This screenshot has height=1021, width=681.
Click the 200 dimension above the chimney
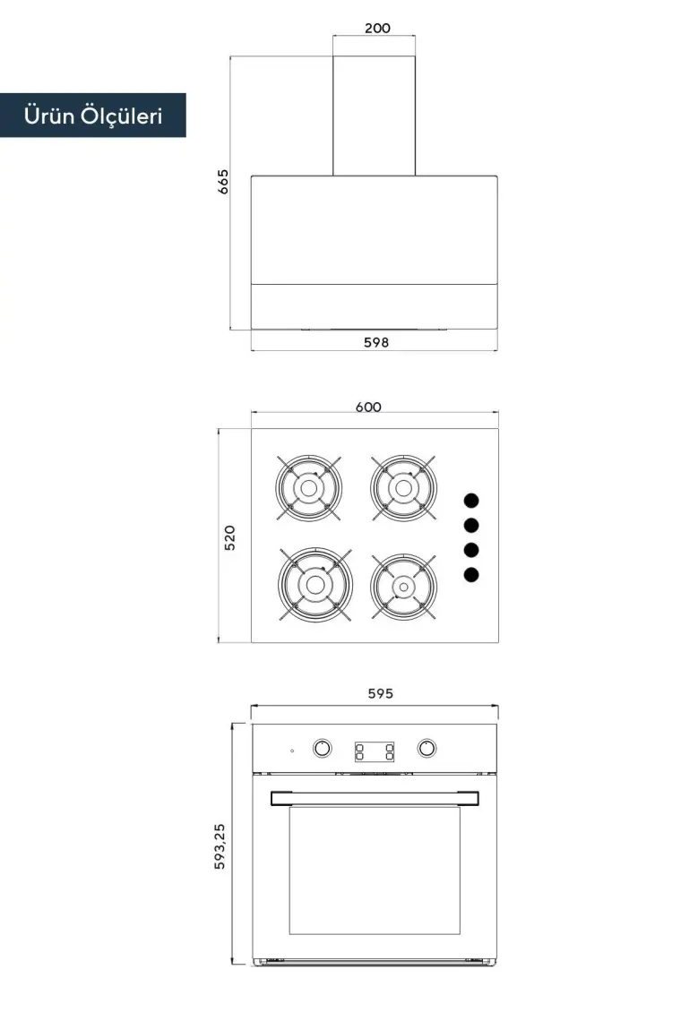tap(377, 28)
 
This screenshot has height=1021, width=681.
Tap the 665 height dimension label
tap(223, 182)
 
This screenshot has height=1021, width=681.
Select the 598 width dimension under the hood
tap(376, 342)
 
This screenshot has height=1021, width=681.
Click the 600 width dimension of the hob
tap(368, 407)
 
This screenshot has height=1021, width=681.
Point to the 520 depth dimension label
tap(229, 538)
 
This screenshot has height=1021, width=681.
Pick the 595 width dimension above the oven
tap(380, 693)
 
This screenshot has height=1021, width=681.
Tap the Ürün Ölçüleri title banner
tap(93, 116)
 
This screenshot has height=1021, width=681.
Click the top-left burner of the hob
tap(309, 488)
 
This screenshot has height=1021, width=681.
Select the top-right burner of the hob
tap(403, 488)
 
